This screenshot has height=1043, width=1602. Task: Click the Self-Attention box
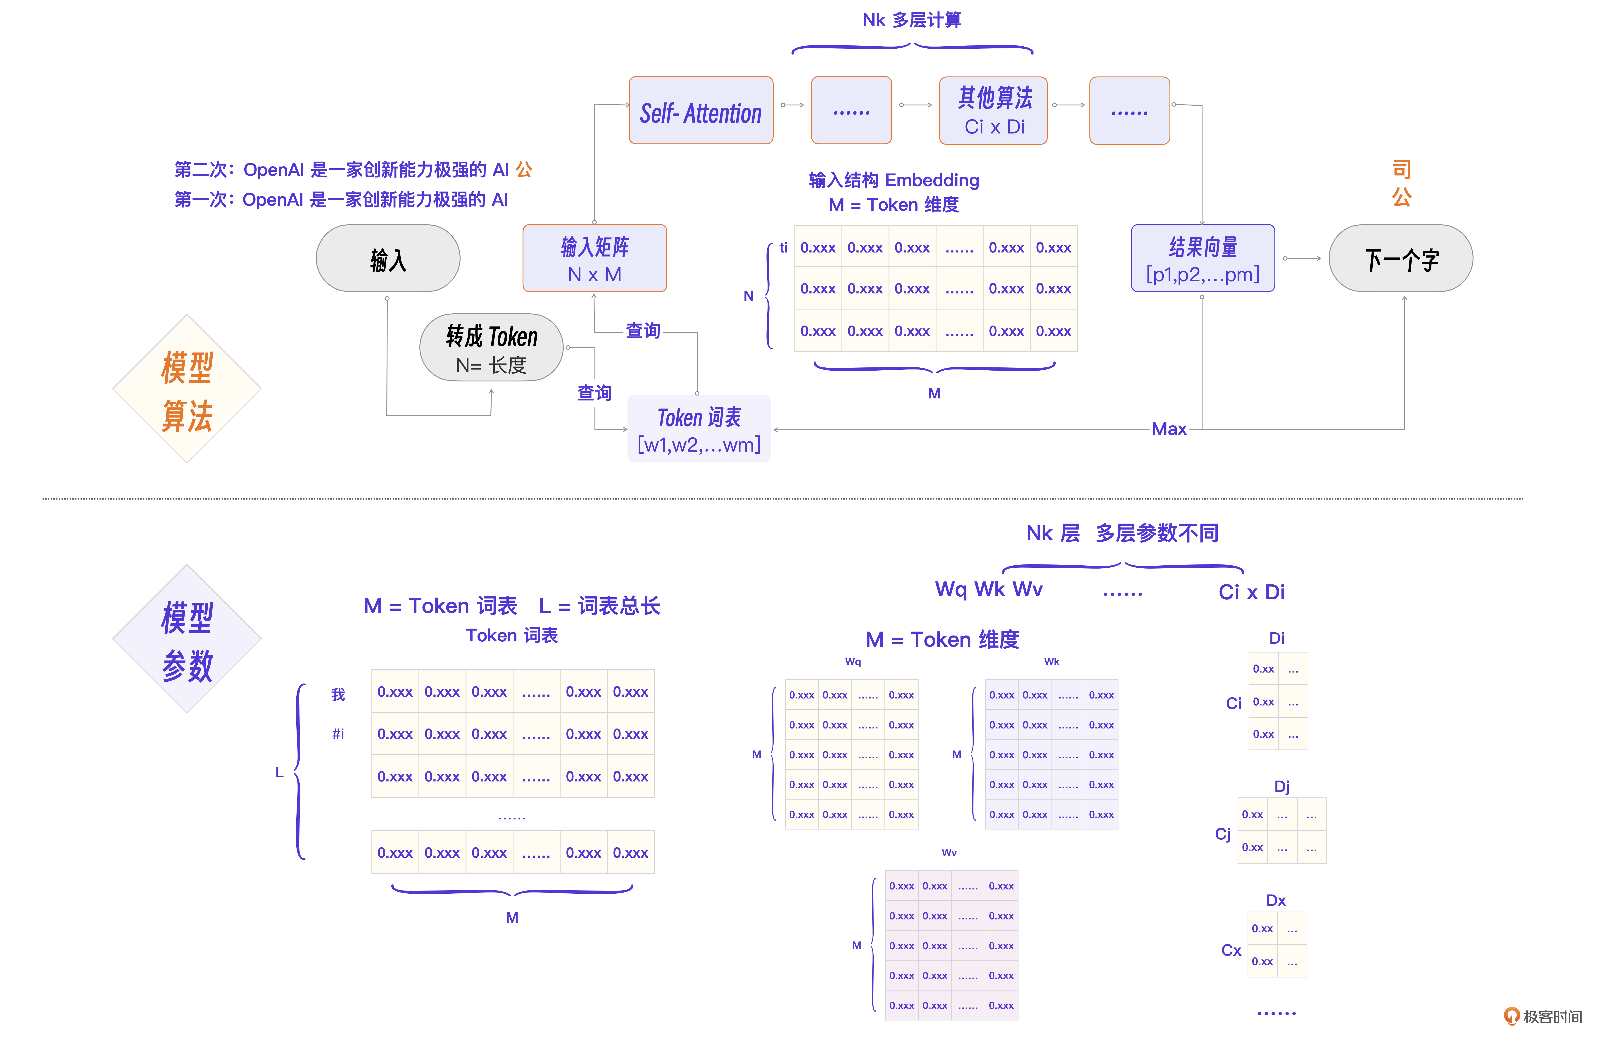[701, 110]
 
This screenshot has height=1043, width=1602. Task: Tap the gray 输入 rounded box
[388, 259]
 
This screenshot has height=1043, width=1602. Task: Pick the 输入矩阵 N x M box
[594, 259]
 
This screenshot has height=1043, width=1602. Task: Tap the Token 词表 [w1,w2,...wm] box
[699, 429]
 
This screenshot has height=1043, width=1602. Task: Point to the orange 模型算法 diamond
[187, 389]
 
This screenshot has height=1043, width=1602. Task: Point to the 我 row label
[338, 694]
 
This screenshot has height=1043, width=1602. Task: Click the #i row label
[338, 734]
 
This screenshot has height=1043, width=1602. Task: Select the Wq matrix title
[853, 662]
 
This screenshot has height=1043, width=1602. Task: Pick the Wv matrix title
[949, 852]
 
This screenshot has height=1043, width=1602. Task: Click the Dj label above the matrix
[1282, 786]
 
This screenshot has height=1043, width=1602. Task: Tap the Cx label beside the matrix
[1231, 950]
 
